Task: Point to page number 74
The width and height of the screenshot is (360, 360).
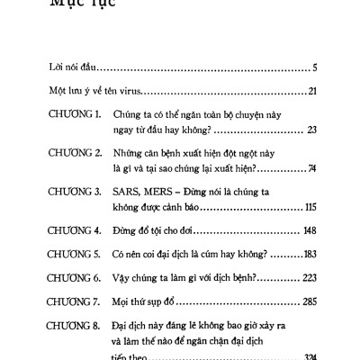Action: (x=311, y=167)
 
